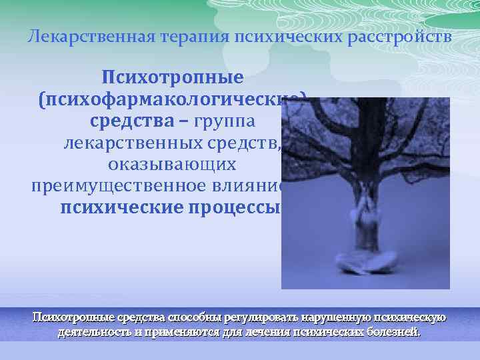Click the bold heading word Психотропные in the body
[173, 79]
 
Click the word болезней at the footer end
[394, 331]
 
